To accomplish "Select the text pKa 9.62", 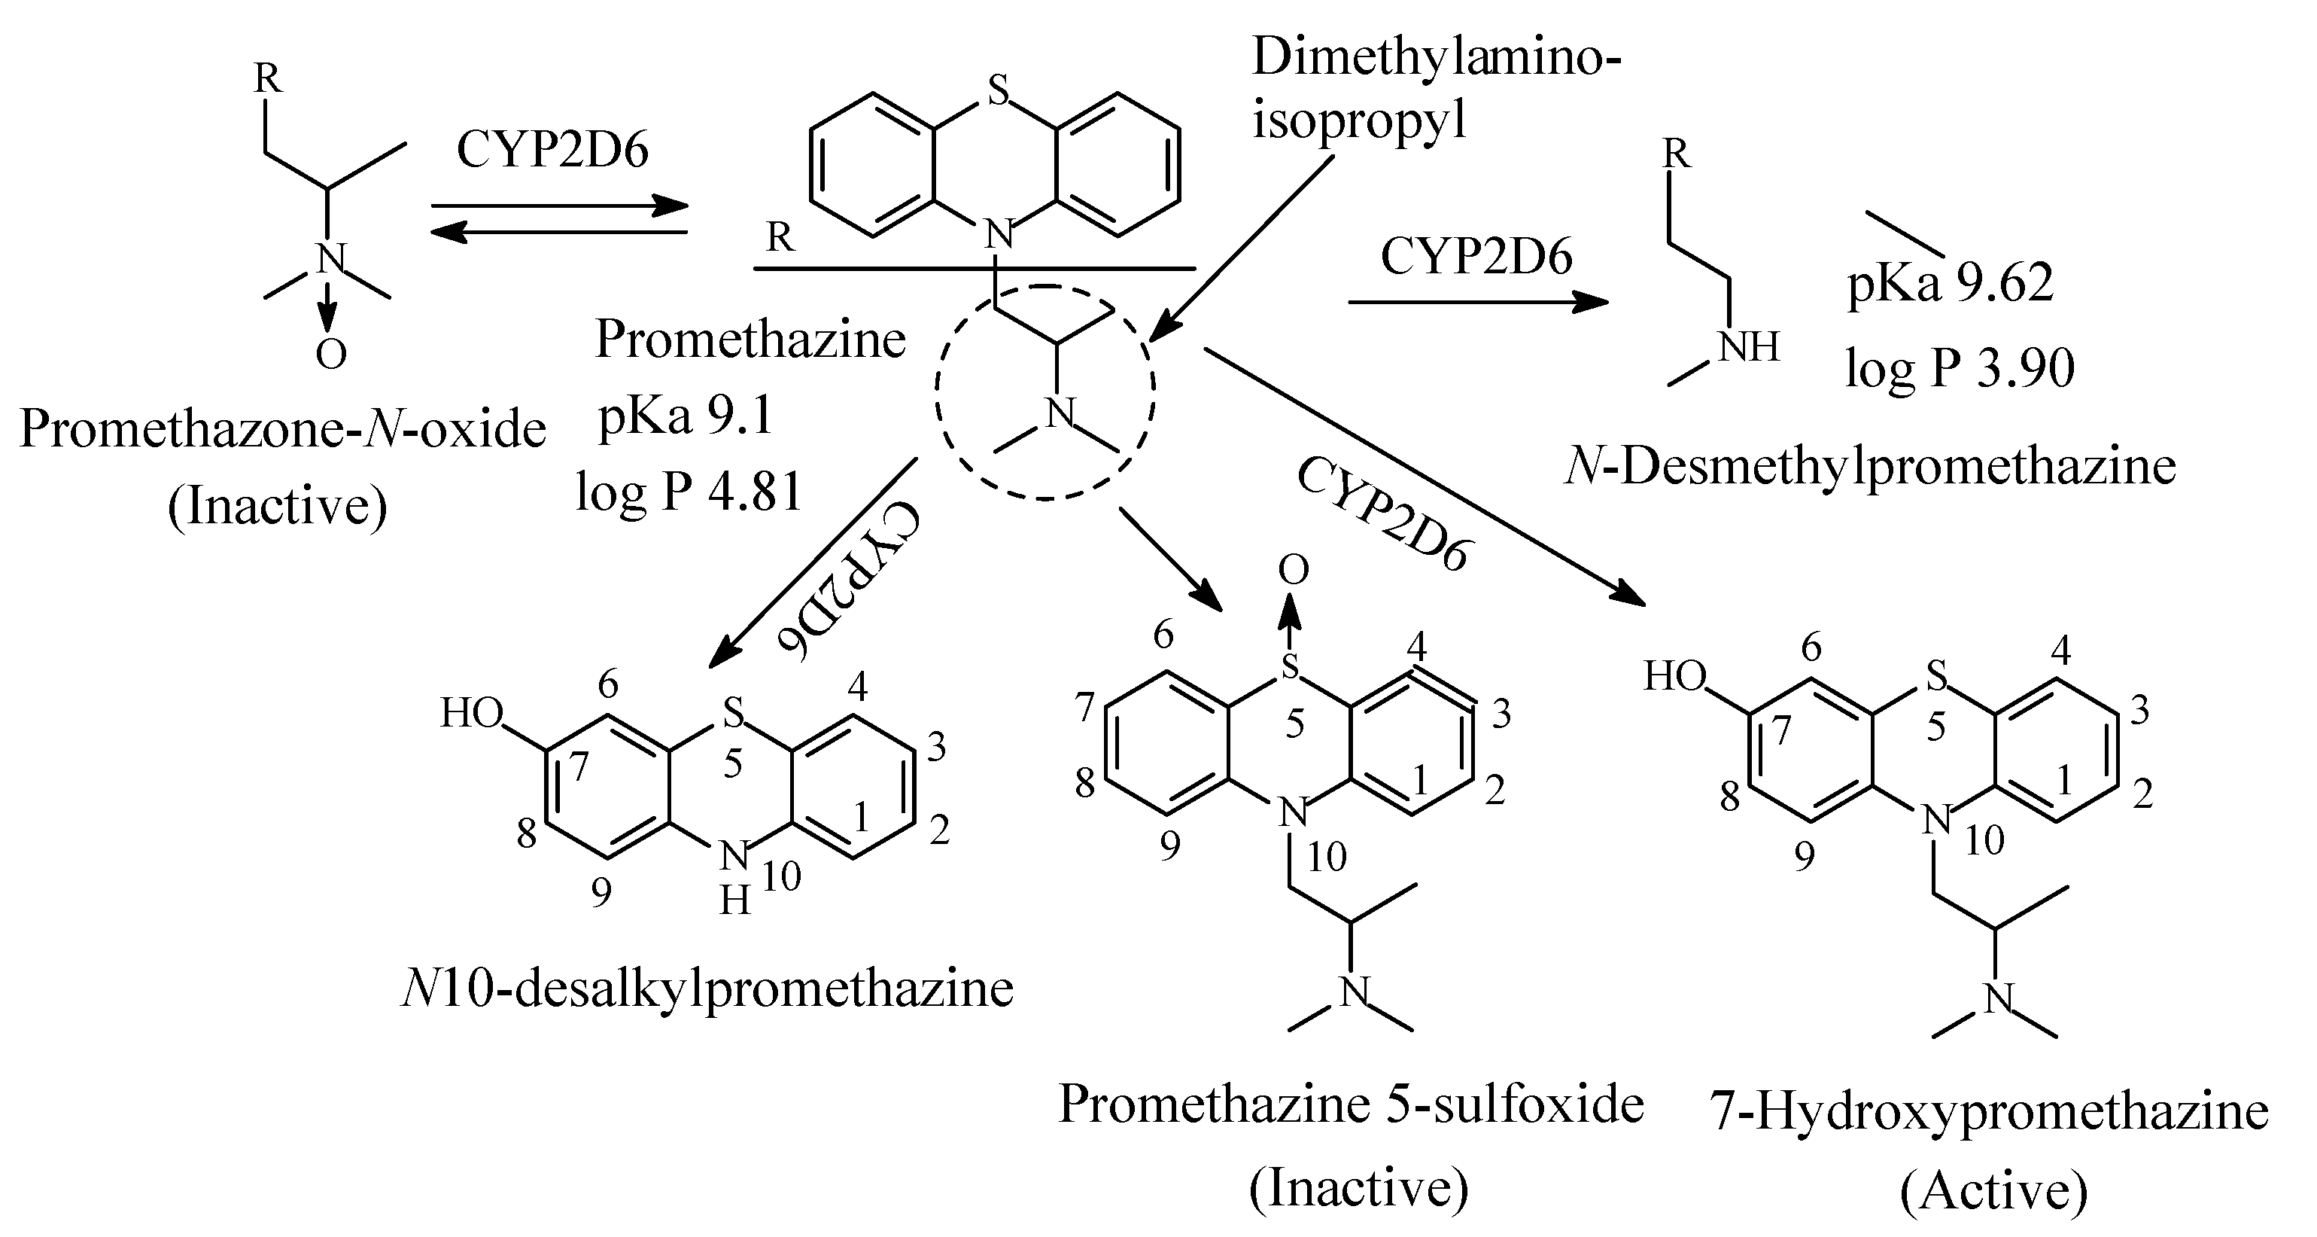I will [x=1950, y=285].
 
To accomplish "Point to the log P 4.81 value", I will [x=689, y=492].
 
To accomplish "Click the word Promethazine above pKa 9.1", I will [x=750, y=340].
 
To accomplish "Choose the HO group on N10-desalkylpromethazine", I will [x=470, y=714].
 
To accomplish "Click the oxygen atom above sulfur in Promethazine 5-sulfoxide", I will [x=1293, y=571].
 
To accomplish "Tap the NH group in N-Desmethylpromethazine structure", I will [x=1749, y=347].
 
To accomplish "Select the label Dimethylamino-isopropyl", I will [x=1436, y=88].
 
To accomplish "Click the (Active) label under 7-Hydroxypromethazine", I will [x=1993, y=1192].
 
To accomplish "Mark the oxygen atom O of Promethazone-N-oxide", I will [x=330, y=355].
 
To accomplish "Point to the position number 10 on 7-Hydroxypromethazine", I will [x=1984, y=840].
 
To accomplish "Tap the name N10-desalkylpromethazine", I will [x=707, y=989].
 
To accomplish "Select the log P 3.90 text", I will [x=1959, y=368].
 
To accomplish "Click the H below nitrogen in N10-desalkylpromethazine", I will [x=735, y=900].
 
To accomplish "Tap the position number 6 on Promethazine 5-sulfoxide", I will [x=1163, y=635].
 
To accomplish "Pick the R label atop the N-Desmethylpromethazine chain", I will [x=1676, y=155].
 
